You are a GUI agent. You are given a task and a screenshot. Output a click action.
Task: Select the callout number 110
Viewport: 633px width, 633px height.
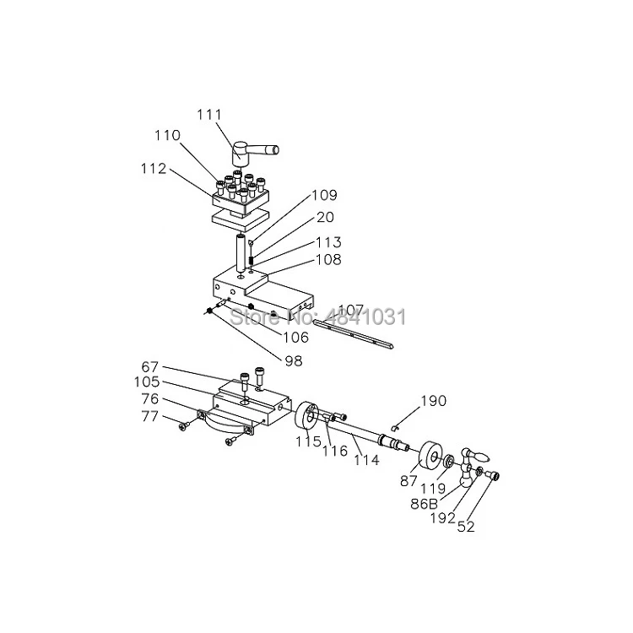click(x=167, y=136)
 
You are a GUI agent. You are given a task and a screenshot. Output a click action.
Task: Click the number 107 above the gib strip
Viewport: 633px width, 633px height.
click(x=350, y=310)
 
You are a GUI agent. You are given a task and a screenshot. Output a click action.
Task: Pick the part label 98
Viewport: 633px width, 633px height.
click(x=292, y=361)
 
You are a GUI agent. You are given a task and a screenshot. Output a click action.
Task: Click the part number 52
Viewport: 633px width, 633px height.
click(x=465, y=527)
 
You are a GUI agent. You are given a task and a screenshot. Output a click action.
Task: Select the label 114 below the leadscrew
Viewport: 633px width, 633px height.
click(x=366, y=461)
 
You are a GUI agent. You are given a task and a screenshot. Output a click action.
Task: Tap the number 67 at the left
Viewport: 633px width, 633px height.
click(x=150, y=366)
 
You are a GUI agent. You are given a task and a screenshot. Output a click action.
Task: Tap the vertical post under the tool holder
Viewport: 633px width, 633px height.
click(x=241, y=254)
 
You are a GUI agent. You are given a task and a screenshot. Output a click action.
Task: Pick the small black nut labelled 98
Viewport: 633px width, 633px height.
click(x=207, y=311)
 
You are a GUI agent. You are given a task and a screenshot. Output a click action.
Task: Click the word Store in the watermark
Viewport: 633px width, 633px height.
click(x=253, y=317)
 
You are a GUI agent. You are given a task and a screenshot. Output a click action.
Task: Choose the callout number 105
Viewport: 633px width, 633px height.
click(x=148, y=382)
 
